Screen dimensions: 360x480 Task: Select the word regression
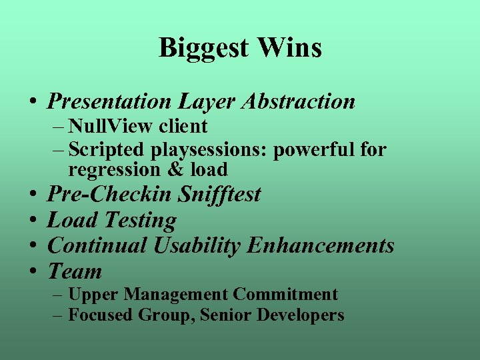pyautogui.click(x=114, y=171)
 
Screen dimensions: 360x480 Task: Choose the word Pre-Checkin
pyautogui.click(x=111, y=195)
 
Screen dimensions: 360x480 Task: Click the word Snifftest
pyautogui.click(x=220, y=195)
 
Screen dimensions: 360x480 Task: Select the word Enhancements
pyautogui.click(x=321, y=246)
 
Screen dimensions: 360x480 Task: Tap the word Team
pyautogui.click(x=75, y=272)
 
